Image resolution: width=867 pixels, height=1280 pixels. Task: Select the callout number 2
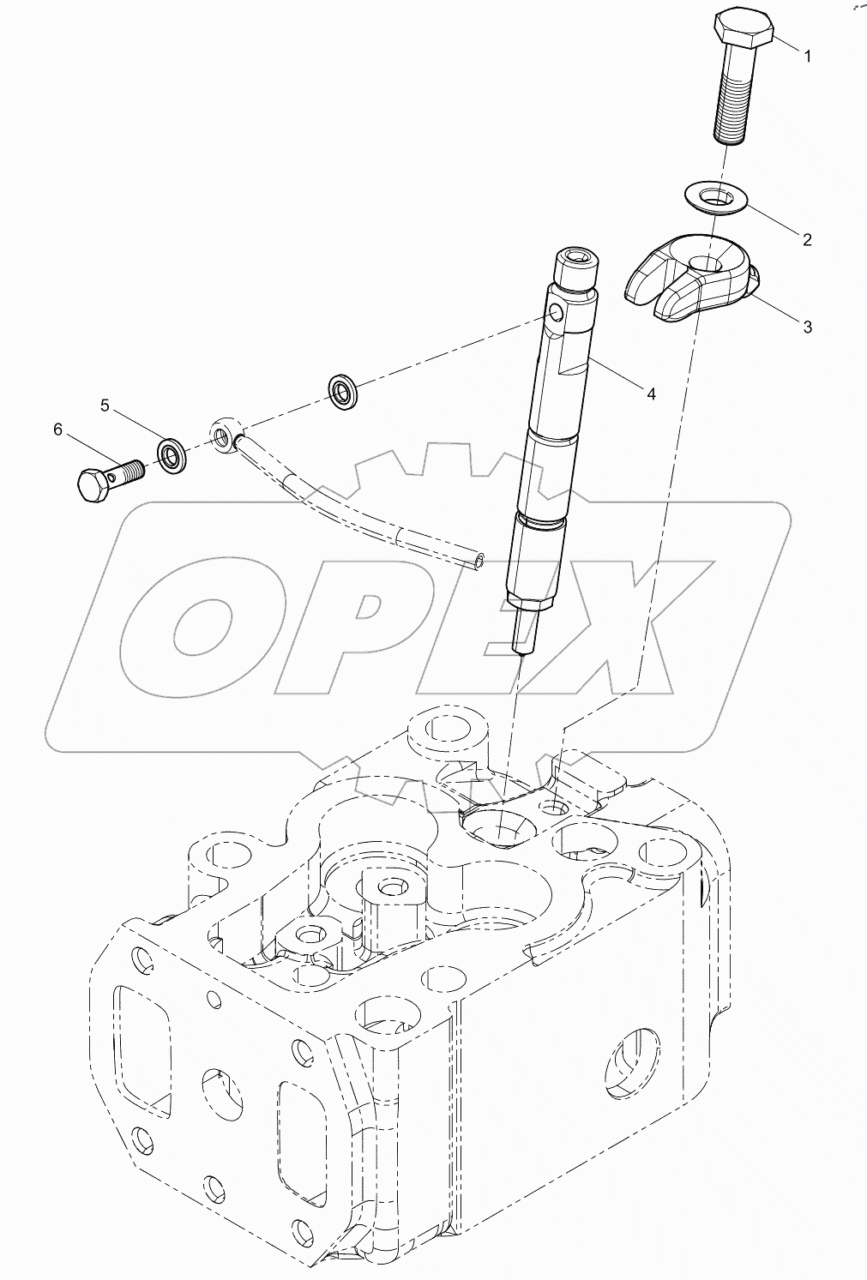807,239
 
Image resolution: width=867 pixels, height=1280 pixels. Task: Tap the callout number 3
807,327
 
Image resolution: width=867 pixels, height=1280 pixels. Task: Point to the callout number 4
652,394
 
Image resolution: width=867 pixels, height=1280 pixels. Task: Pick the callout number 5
105,405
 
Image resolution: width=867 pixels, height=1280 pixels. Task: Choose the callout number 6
58,430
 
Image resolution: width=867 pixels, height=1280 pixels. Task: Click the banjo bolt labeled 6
107,478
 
